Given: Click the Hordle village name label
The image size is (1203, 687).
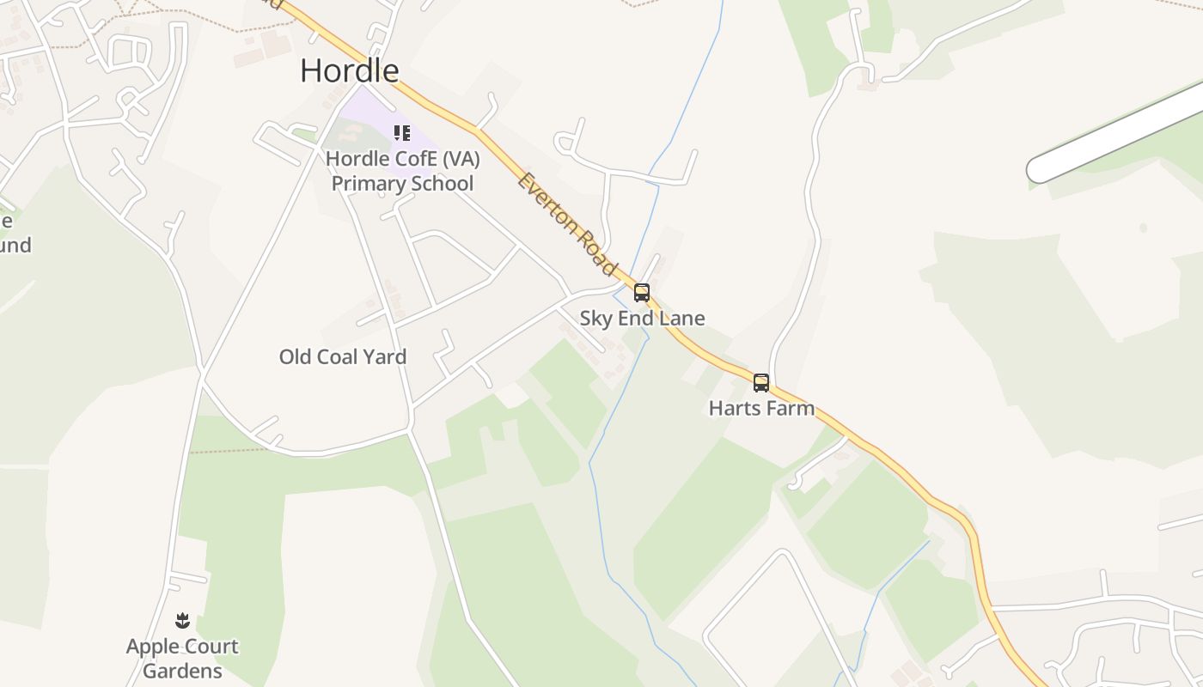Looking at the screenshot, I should tap(349, 70).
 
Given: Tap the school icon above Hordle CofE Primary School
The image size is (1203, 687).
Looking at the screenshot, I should tap(401, 133).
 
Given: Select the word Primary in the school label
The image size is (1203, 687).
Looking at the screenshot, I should tap(367, 183).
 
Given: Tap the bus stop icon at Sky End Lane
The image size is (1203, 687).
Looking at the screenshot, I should tap(642, 293).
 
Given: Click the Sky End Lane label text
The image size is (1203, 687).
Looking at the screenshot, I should tap(642, 319).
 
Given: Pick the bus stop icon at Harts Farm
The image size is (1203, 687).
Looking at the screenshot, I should tap(760, 383).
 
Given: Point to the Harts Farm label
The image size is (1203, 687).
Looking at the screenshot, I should tap(761, 408).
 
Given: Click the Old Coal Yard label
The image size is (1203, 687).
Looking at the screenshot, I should tap(342, 356).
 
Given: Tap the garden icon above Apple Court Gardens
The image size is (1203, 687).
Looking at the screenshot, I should tap(182, 621).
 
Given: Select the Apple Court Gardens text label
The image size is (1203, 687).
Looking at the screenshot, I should tap(182, 658).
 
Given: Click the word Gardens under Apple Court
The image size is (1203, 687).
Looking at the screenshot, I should tap(182, 671).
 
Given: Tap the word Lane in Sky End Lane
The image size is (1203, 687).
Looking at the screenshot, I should tap(682, 319).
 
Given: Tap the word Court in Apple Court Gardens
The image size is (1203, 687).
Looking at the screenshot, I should tap(212, 647).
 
